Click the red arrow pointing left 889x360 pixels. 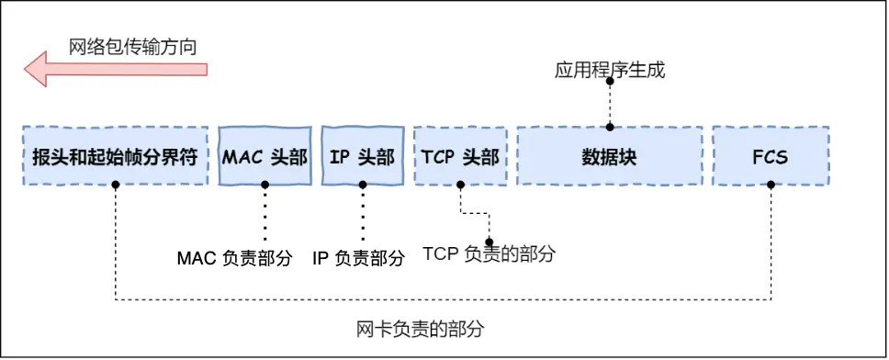115,69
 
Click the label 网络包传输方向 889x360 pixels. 133,45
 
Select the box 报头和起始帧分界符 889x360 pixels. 116,156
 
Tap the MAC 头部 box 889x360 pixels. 264,156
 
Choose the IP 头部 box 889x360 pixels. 363,156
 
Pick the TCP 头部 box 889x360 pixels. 460,156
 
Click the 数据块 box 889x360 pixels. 610,156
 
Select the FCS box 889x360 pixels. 770,156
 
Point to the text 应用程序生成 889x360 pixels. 610,70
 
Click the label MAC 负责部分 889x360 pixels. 234,258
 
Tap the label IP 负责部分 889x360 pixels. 359,258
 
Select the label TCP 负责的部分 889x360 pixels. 489,253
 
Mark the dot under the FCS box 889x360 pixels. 771,185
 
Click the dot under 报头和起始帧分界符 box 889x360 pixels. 116,185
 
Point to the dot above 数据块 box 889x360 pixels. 610,128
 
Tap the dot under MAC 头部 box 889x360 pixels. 264,185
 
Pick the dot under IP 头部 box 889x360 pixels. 363,185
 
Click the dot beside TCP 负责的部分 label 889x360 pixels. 489,242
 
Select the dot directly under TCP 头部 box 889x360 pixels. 460,185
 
